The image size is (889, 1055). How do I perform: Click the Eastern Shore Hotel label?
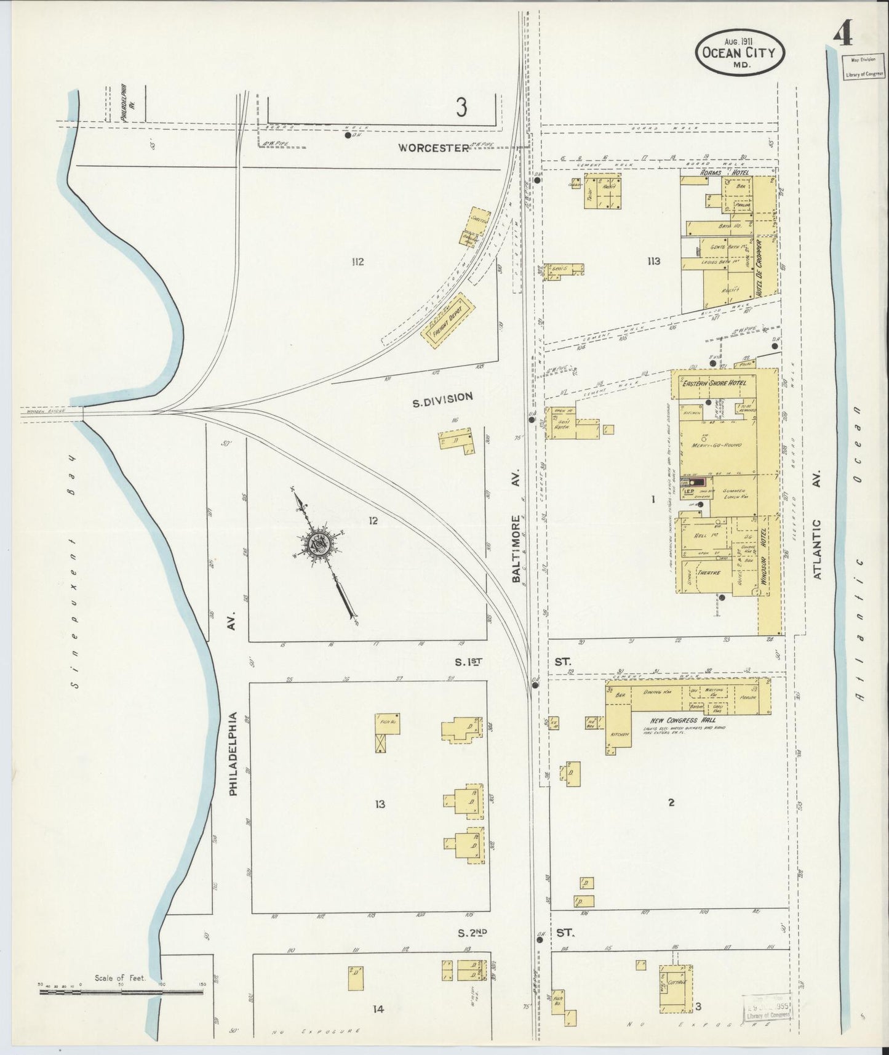(713, 383)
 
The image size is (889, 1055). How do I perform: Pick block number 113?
(653, 261)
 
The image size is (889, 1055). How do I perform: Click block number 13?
(380, 804)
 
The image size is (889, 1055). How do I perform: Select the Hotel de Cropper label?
(759, 265)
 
